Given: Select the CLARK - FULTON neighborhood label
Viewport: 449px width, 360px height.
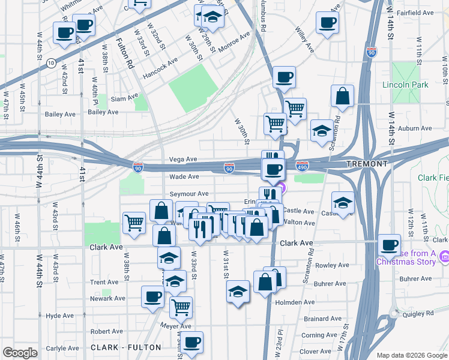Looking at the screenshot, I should [x=126, y=347].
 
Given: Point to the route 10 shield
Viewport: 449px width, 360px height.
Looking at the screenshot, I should [x=52, y=62].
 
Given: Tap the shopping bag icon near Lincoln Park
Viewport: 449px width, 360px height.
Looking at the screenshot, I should [x=342, y=96].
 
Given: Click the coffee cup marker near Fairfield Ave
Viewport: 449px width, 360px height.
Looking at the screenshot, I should [x=327, y=23].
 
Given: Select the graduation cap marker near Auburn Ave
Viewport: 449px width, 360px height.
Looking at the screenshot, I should [x=322, y=130].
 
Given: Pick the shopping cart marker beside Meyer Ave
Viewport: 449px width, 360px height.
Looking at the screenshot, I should [x=181, y=307].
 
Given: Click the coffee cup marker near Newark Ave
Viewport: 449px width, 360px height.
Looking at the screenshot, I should [x=152, y=296].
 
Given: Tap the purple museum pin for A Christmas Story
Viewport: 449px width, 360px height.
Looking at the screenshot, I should [x=444, y=257].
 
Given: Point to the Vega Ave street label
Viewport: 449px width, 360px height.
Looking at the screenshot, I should [x=184, y=159].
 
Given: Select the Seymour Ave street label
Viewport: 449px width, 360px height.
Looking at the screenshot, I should [x=188, y=194].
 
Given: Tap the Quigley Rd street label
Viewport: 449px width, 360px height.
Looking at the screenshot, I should [x=421, y=313].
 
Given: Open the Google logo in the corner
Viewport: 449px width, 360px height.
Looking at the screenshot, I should [x=20, y=353].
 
